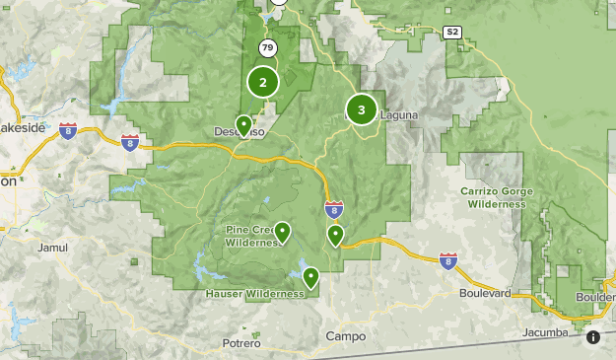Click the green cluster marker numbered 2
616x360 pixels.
click(x=263, y=83)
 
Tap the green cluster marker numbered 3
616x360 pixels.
click(x=362, y=110)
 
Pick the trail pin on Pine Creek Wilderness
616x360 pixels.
click(x=283, y=232)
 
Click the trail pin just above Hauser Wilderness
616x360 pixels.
click(x=311, y=277)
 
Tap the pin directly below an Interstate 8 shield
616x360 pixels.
click(x=335, y=235)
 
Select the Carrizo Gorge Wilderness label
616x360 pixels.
click(x=496, y=197)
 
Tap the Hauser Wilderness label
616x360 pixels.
click(x=254, y=294)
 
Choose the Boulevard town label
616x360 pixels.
click(x=485, y=294)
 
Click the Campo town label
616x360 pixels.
click(x=345, y=336)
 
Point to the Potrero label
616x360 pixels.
click(x=241, y=343)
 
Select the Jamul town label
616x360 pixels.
click(x=51, y=248)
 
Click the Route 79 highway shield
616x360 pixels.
click(x=267, y=47)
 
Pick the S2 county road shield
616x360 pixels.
click(x=451, y=33)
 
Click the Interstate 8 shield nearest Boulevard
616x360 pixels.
click(x=448, y=260)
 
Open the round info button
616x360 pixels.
click(x=593, y=337)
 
